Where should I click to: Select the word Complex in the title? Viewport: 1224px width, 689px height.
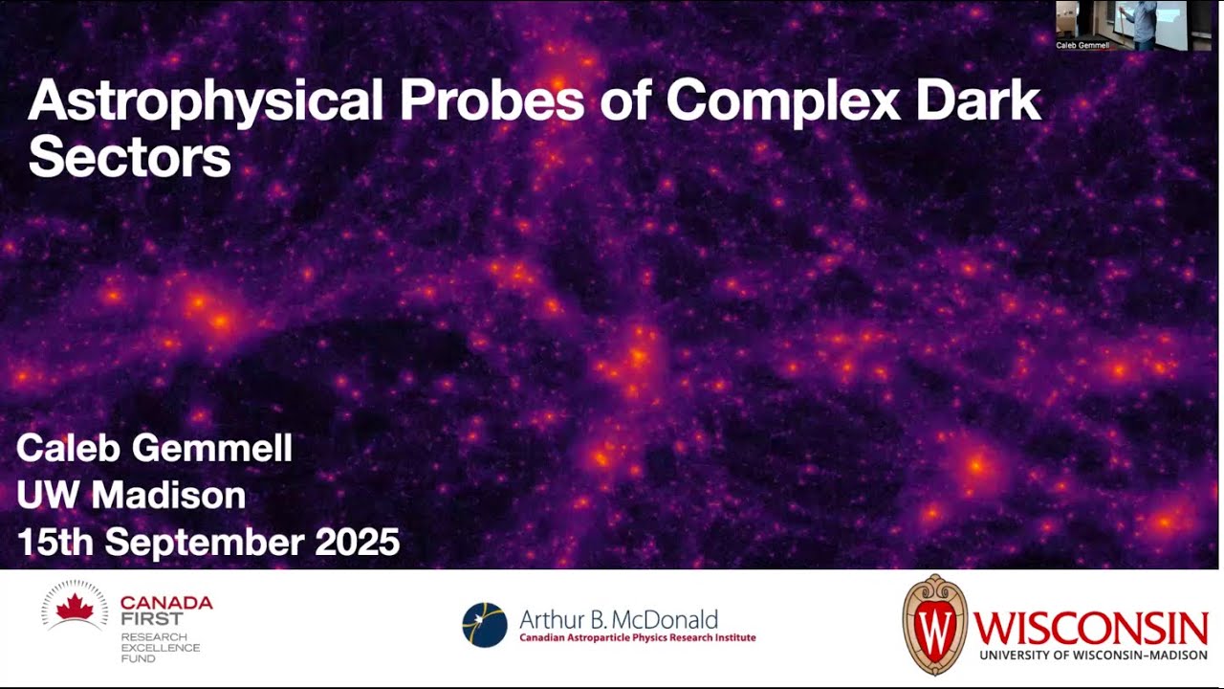[783, 101]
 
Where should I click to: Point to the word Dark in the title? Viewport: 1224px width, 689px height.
[976, 100]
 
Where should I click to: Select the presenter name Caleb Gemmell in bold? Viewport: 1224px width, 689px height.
[154, 448]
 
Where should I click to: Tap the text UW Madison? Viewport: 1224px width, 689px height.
[131, 495]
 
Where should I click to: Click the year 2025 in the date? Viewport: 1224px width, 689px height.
[357, 543]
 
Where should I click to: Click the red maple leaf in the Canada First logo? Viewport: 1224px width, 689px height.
[75, 608]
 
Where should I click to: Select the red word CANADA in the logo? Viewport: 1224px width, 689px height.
[166, 603]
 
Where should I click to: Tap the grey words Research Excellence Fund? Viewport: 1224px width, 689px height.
[160, 648]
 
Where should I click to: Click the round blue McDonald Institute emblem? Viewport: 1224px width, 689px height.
[485, 625]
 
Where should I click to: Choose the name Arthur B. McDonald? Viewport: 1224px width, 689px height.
[618, 619]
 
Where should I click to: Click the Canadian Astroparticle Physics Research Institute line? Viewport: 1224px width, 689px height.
[637, 638]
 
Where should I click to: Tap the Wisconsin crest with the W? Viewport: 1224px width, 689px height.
[935, 625]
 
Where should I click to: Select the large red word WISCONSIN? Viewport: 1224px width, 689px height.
[1091, 628]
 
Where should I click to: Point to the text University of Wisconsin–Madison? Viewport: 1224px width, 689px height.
[1093, 655]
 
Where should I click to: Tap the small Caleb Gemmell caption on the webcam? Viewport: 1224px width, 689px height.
[1082, 45]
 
